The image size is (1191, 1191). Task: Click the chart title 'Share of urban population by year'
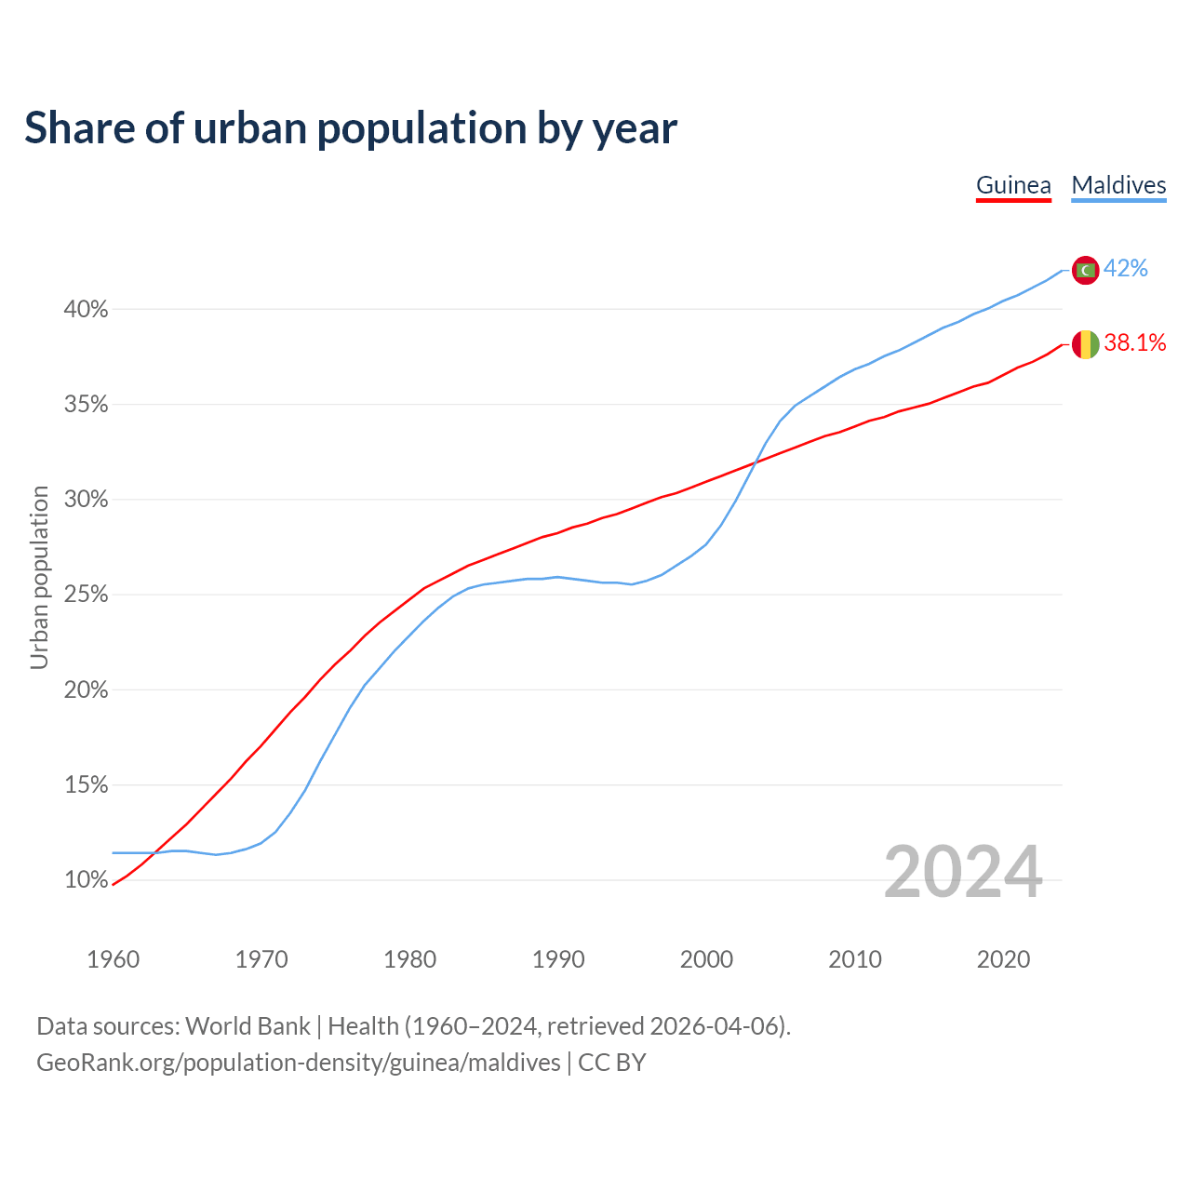[351, 128]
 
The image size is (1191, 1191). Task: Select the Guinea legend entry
[1013, 185]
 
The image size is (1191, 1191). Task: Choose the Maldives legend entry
[1118, 185]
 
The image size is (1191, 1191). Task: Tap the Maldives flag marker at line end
[1085, 270]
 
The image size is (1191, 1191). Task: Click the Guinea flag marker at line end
[1085, 344]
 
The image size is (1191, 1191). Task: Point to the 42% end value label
[1126, 269]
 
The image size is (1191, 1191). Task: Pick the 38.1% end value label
[1135, 343]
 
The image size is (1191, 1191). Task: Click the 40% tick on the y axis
[86, 310]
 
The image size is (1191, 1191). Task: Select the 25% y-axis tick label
[86, 595]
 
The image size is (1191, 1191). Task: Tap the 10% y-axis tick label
[86, 880]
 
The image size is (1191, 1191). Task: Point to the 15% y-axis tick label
[86, 785]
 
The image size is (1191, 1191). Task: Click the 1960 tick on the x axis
[113, 959]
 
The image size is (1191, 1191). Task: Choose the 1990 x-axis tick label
[558, 959]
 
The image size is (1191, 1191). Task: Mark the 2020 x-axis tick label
[1003, 959]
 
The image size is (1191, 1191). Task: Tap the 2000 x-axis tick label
[706, 959]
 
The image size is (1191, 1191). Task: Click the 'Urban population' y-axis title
[39, 577]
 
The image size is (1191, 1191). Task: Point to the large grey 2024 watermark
[963, 873]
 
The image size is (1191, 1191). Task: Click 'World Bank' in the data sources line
[248, 1026]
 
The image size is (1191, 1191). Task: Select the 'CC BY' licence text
[612, 1063]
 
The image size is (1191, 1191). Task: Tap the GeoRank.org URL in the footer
[298, 1063]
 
